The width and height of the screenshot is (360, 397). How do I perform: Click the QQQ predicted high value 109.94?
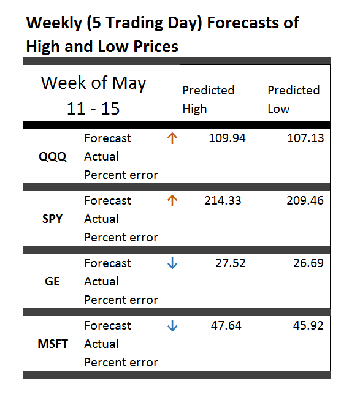pyautogui.click(x=227, y=138)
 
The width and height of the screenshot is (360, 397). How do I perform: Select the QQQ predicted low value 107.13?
pyautogui.click(x=305, y=138)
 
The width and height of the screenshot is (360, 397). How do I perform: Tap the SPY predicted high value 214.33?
pyautogui.click(x=223, y=200)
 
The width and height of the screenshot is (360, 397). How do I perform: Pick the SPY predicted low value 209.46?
pyautogui.click(x=305, y=200)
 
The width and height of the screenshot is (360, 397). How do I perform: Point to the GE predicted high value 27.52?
pyautogui.click(x=231, y=263)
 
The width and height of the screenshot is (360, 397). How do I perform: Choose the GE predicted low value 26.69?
pyautogui.click(x=308, y=263)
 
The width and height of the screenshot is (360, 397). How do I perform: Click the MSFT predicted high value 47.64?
pyautogui.click(x=226, y=325)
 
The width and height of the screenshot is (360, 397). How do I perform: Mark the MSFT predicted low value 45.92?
pyautogui.click(x=308, y=325)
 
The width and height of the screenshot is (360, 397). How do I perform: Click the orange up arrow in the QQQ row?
pyautogui.click(x=172, y=138)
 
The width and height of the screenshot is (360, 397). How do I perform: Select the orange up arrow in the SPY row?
pyautogui.click(x=172, y=201)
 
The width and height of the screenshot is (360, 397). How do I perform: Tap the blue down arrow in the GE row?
pyautogui.click(x=172, y=263)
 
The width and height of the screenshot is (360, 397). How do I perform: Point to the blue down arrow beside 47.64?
pyautogui.click(x=172, y=326)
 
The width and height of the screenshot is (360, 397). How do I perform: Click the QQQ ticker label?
pyautogui.click(x=53, y=157)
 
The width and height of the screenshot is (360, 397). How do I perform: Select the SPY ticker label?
pyautogui.click(x=52, y=219)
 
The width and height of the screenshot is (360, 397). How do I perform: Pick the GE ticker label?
pyautogui.click(x=52, y=282)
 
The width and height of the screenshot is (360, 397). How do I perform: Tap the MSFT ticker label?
pyautogui.click(x=53, y=344)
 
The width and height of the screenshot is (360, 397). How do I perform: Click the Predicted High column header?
pyautogui.click(x=209, y=100)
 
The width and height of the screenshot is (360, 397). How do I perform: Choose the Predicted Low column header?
pyautogui.click(x=294, y=100)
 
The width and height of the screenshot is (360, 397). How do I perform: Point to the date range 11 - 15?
pyautogui.click(x=93, y=109)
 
